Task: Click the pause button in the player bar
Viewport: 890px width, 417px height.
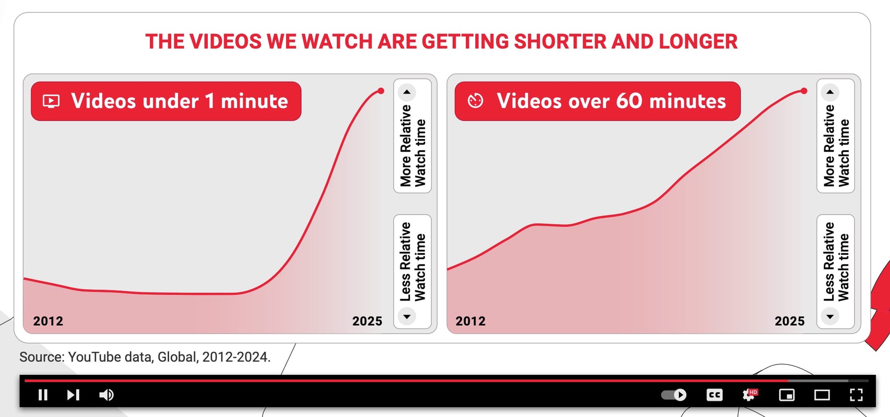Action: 43,395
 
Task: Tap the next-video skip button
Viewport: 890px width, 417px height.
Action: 73,395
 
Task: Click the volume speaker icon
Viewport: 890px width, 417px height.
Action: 106,395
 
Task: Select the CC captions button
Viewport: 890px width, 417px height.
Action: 714,395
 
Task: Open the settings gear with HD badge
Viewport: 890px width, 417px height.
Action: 750,395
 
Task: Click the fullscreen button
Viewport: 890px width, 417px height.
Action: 856,395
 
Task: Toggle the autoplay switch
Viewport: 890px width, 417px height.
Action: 674,395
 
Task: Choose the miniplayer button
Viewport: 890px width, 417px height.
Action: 787,395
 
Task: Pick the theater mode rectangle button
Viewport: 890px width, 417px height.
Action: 822,395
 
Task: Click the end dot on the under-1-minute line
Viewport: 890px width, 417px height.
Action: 381,91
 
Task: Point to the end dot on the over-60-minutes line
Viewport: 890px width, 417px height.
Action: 804,91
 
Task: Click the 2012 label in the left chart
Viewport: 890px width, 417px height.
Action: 48,321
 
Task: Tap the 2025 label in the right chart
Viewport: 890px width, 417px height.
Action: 789,321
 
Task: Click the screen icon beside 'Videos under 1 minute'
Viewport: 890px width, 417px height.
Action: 51,101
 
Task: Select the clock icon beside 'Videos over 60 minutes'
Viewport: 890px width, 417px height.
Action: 475,101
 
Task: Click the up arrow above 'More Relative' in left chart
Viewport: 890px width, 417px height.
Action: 407,92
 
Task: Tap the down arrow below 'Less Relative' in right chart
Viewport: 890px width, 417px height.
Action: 830,317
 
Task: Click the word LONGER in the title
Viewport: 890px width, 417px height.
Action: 698,42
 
